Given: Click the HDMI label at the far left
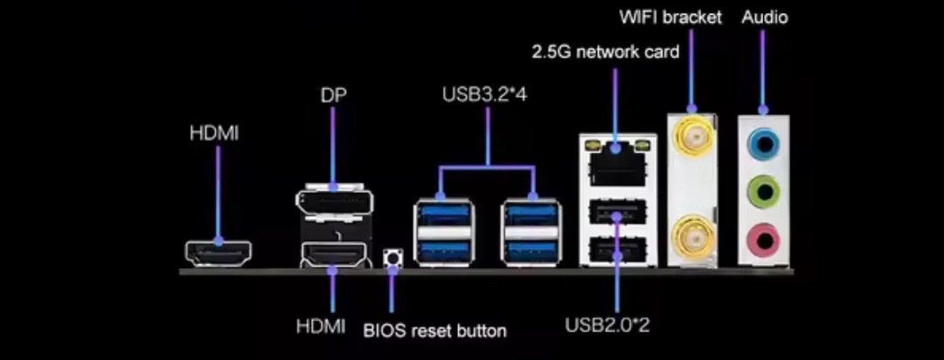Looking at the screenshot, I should coord(214,134).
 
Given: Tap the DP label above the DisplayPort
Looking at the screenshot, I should coord(333,94).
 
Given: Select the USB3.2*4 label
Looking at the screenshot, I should coord(484,92).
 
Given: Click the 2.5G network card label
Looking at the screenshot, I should coord(606,52).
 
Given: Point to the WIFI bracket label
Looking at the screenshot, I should coord(670,17).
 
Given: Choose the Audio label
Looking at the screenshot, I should coord(764,17).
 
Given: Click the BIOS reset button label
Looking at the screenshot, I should coord(434,329).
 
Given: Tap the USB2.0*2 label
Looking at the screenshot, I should coord(608,326).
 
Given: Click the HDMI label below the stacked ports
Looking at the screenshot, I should coord(321,327).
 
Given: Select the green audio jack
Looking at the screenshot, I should coord(765,187).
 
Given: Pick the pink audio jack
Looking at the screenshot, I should coord(765,234).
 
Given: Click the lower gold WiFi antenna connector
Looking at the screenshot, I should coord(691,233).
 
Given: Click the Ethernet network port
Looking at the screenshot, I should coord(616,162).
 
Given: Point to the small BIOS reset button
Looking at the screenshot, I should coord(392,259).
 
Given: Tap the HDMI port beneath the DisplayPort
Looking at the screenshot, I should coord(333,255).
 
